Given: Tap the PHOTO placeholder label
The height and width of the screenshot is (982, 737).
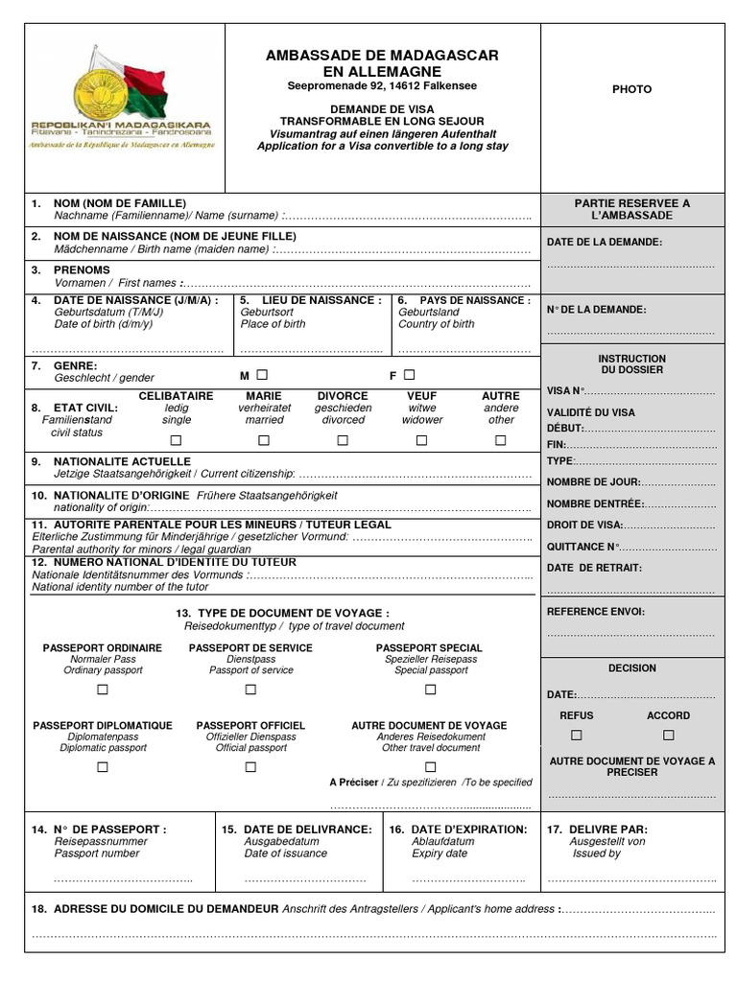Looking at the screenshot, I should [x=631, y=89].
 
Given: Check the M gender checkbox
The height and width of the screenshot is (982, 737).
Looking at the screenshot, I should [x=262, y=375].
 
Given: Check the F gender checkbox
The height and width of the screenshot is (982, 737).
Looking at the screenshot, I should [x=410, y=375].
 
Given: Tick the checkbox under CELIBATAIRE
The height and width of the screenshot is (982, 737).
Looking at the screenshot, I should [x=176, y=440].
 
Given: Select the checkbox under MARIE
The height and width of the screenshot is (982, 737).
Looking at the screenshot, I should [x=264, y=440].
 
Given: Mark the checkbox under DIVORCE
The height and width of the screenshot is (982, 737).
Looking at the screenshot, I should [x=343, y=440].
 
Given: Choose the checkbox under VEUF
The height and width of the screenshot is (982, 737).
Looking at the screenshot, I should [x=421, y=440].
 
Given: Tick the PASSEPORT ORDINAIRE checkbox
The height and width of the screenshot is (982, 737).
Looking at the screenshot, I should [x=102, y=690].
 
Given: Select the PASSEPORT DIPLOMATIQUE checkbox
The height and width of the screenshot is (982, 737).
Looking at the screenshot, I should [x=102, y=767].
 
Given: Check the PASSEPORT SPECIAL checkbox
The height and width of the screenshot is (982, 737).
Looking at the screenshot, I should [x=430, y=690].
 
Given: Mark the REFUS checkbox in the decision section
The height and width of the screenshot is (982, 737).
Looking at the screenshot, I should [x=577, y=735].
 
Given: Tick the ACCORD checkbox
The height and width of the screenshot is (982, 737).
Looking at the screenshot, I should [x=669, y=735].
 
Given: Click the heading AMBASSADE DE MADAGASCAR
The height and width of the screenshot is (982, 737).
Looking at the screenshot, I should [x=382, y=56].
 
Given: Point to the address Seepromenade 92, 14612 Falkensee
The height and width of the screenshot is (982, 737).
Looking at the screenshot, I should [x=382, y=86].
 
